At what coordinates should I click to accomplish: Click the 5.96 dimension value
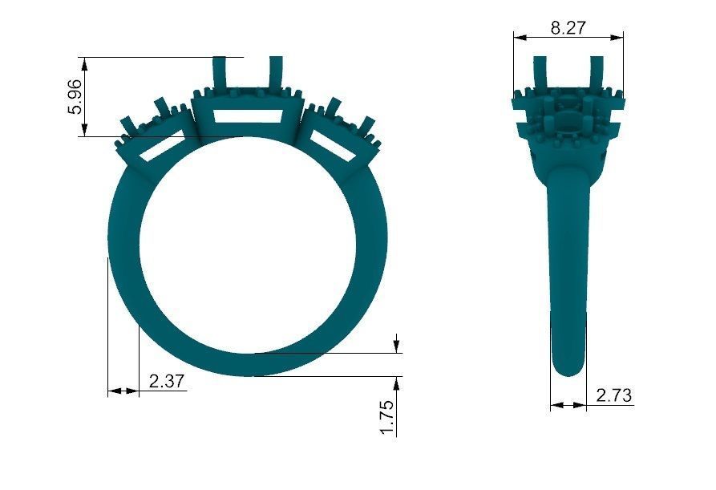(75, 98)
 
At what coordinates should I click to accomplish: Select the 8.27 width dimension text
(568, 27)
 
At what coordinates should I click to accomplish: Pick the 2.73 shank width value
(613, 395)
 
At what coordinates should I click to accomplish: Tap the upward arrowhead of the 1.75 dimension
(397, 382)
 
